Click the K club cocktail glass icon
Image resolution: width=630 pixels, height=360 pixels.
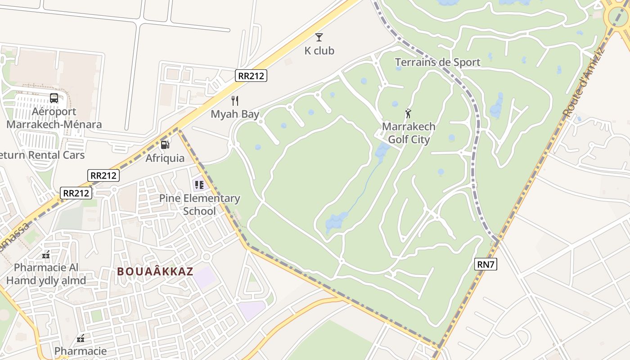pyautogui.click(x=319, y=37)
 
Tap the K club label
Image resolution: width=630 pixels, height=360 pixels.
pyautogui.click(x=319, y=51)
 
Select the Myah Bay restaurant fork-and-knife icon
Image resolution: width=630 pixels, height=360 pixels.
pyautogui.click(x=234, y=100)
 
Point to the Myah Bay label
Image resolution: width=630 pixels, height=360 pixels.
pyautogui.click(x=235, y=114)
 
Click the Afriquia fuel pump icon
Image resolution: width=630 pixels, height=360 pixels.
pyautogui.click(x=165, y=144)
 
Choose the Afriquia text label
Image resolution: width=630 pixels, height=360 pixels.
pyautogui.click(x=165, y=158)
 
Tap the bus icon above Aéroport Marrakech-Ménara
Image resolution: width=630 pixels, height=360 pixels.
pyautogui.click(x=54, y=98)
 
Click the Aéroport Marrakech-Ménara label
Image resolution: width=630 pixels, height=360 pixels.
pyautogui.click(x=54, y=118)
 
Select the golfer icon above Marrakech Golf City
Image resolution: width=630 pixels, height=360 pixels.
pyautogui.click(x=408, y=113)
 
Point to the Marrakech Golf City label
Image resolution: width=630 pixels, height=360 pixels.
pyautogui.click(x=409, y=133)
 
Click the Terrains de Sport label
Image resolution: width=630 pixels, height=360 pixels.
pyautogui.click(x=437, y=62)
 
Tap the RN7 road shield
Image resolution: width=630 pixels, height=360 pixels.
pyautogui.click(x=486, y=264)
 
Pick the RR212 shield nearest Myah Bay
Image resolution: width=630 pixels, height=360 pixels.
pyautogui.click(x=251, y=76)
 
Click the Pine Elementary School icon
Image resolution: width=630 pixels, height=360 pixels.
pyautogui.click(x=199, y=184)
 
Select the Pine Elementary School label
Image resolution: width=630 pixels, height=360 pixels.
pyautogui.click(x=199, y=205)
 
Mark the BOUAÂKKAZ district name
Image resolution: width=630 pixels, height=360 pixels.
pyautogui.click(x=155, y=271)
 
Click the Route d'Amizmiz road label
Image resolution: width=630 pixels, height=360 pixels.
pyautogui.click(x=584, y=84)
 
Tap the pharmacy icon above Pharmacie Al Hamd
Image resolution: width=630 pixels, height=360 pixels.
pyautogui.click(x=46, y=255)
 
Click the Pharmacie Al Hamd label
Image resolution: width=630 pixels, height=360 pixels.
pyautogui.click(x=46, y=274)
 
